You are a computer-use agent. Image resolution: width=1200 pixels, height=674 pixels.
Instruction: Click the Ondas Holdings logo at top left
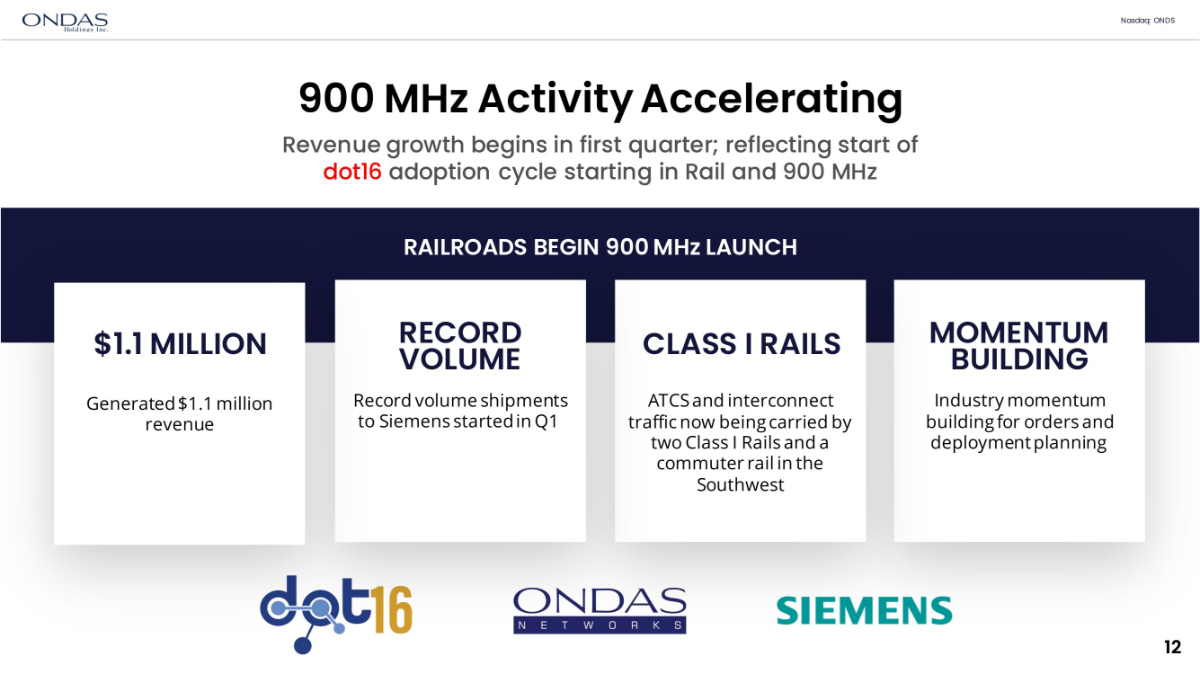click(65, 22)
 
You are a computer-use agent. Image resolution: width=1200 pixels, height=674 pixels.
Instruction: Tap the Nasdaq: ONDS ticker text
click(1148, 20)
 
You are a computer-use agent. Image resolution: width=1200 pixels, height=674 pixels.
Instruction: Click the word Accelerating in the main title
click(771, 100)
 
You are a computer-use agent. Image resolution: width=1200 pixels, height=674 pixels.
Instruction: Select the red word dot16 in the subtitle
click(352, 172)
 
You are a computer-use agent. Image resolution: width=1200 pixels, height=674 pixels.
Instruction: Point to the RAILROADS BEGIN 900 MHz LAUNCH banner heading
click(600, 247)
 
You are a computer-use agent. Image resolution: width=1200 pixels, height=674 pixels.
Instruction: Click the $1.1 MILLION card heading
click(180, 343)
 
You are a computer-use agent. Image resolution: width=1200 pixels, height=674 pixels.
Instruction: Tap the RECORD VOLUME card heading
click(460, 346)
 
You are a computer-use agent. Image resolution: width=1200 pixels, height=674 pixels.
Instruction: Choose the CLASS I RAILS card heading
click(741, 343)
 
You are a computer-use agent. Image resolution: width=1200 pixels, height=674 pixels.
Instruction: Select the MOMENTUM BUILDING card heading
click(1019, 346)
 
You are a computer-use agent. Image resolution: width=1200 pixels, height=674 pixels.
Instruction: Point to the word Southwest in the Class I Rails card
click(740, 485)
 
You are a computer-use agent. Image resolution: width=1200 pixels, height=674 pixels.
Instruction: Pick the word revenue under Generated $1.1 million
click(179, 425)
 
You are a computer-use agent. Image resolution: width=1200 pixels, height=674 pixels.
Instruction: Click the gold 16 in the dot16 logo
click(393, 610)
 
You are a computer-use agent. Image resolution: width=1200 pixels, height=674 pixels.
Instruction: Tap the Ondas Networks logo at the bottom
click(600, 611)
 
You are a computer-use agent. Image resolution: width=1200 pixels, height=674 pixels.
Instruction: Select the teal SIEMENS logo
click(864, 611)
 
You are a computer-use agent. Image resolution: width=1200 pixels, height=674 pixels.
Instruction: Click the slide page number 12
click(1172, 647)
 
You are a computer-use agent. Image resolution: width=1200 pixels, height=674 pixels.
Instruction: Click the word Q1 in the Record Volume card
click(546, 422)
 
